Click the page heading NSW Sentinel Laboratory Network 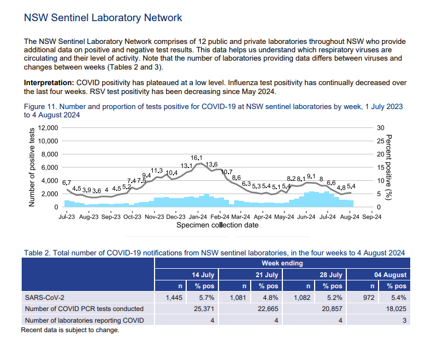103,18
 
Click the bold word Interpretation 45,83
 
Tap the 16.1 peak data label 196,158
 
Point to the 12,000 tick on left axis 47,128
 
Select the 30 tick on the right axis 381,128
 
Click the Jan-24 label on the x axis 197,217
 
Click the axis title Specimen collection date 217,225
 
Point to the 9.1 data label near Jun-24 311,176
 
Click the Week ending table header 282,263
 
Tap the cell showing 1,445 174,298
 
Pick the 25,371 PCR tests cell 203,309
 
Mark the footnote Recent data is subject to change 70,330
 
